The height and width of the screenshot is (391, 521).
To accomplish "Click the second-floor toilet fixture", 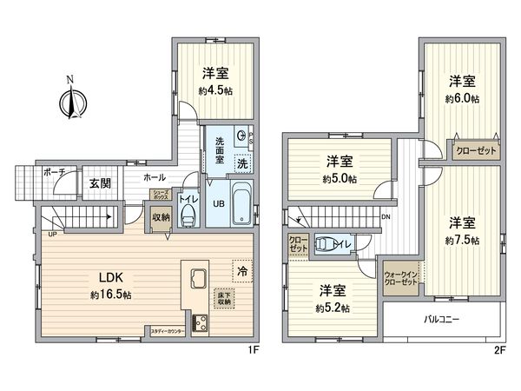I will coord(326,247).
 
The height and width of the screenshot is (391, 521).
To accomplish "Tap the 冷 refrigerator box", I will coord(242,272).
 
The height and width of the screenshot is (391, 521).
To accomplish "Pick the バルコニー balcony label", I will coord(441,320).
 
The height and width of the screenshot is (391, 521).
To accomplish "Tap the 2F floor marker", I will coord(499,351).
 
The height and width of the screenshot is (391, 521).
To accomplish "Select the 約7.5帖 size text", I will coord(462,239).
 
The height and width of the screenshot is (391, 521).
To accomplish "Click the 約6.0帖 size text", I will coord(462,98).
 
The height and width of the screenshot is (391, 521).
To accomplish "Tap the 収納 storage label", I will coord(161,218).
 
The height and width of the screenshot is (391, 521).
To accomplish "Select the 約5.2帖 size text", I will coord(333,308).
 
